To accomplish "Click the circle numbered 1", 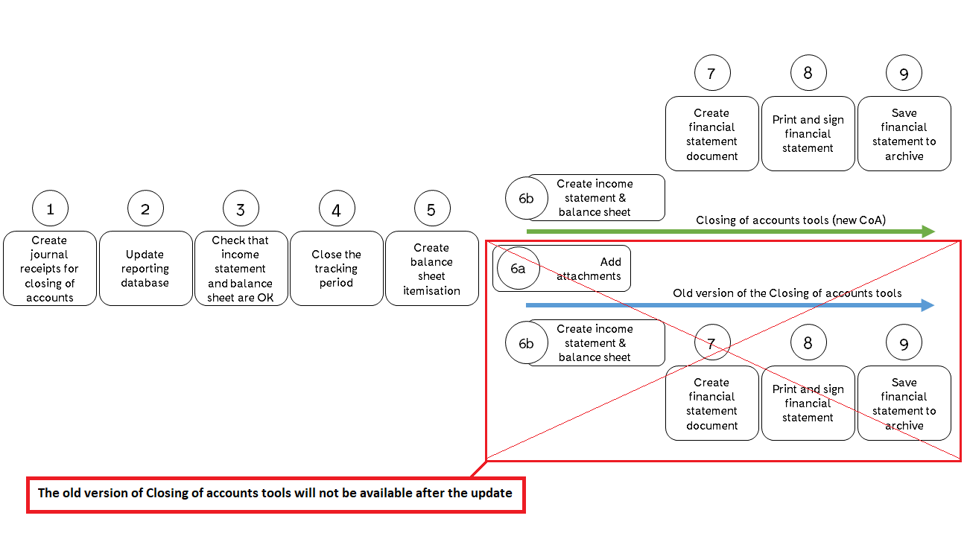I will point(50,209).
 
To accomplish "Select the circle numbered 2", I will point(145,209).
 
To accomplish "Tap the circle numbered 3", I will point(241,209).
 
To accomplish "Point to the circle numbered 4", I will point(336,209).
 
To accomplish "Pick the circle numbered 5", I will point(431,209).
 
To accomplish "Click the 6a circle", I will point(517,269).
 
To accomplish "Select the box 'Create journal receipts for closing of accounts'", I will point(50,269).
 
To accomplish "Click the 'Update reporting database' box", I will point(145,269).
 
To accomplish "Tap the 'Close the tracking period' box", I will point(336,269).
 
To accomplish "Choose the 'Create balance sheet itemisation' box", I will point(431,269).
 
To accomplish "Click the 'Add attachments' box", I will point(585,269).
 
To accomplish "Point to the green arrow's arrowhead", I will point(928,232).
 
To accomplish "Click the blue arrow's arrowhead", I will point(928,305).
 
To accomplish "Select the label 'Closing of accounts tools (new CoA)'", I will point(790,220).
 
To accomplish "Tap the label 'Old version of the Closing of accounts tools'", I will point(787,293).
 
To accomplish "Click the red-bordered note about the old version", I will point(276,494).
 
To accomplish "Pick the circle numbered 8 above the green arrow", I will point(808,73).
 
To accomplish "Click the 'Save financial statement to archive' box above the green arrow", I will point(904,134).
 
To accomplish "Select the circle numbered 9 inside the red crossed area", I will point(904,343).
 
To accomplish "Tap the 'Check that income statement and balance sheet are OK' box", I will point(241,269).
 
